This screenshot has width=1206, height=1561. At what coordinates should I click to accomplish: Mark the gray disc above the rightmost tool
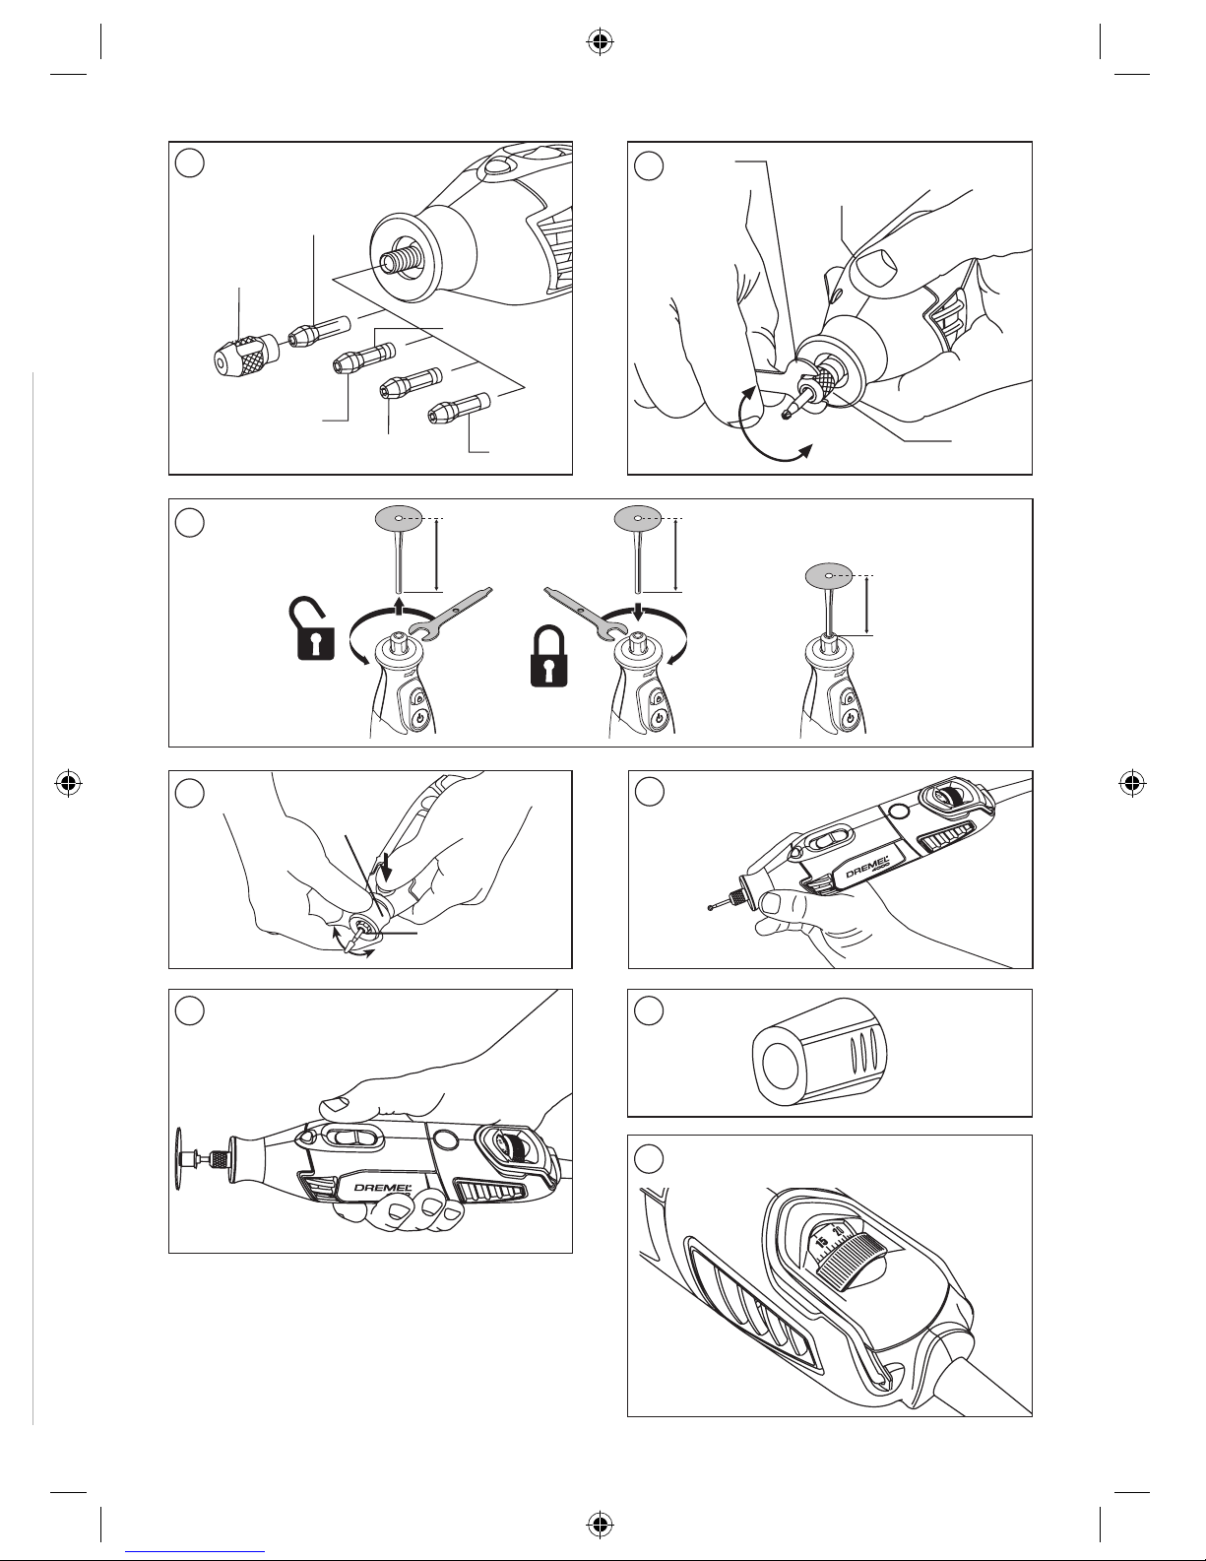[x=829, y=574]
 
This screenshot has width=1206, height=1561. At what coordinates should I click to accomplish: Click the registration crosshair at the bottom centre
[x=600, y=1525]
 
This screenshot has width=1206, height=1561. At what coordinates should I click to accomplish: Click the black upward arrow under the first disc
[x=398, y=605]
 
